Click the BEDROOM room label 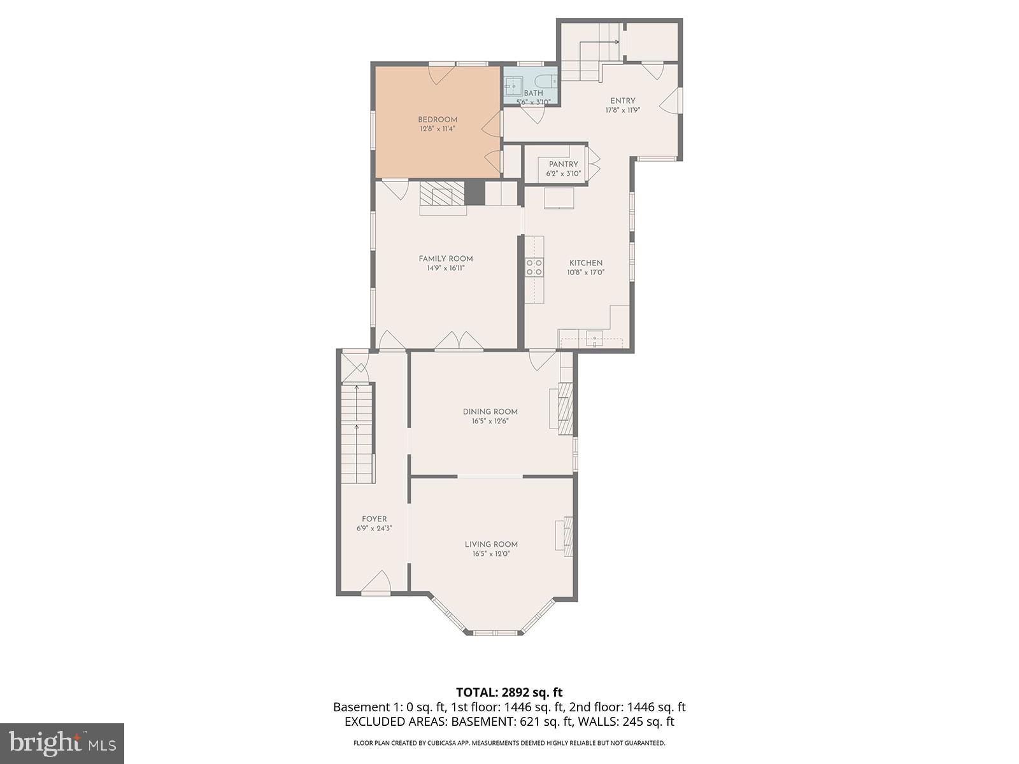(438, 120)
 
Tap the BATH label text (533, 93)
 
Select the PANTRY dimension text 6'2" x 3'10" (564, 173)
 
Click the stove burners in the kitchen (534, 267)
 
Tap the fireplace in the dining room (565, 408)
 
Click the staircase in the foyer (357, 433)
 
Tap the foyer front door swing (377, 582)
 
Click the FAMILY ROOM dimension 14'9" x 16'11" (446, 269)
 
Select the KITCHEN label (586, 263)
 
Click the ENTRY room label (622, 101)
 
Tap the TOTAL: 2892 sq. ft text (509, 692)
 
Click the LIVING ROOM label (491, 544)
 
